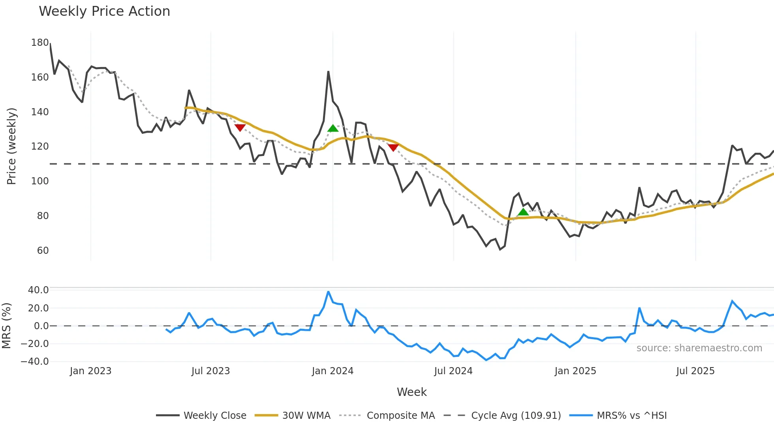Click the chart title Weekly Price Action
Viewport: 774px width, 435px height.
coord(104,11)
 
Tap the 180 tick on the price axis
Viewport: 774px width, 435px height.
coord(40,43)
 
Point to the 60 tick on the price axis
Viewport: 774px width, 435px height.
coord(43,251)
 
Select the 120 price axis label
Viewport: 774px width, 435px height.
coord(40,146)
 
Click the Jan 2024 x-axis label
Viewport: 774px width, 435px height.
coord(333,371)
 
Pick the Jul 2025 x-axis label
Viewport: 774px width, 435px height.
coord(695,371)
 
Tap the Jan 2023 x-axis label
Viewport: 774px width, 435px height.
coord(90,371)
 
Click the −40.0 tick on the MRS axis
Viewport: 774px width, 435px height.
coord(35,362)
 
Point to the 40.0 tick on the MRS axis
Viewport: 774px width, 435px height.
coord(38,290)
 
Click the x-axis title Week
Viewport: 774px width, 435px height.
coord(411,392)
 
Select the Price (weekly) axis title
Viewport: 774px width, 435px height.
coord(11,146)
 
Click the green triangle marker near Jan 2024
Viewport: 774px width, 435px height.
coord(333,128)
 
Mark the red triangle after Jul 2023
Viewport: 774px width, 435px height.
coord(240,127)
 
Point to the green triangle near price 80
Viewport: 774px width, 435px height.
coord(523,212)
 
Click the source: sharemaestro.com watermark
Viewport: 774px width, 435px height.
coord(699,348)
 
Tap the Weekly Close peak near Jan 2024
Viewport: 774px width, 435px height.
coord(328,72)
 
